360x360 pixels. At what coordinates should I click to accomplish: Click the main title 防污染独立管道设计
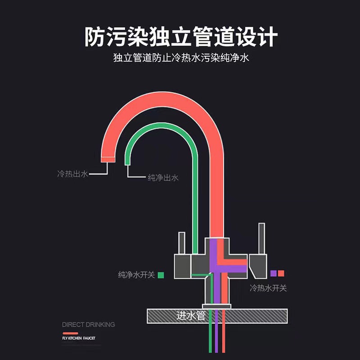click(x=180, y=37)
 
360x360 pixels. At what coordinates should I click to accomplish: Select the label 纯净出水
click(x=163, y=178)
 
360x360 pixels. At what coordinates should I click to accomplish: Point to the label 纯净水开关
click(x=136, y=275)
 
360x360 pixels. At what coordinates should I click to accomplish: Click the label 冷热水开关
click(x=268, y=288)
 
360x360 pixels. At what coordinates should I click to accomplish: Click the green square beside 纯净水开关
click(x=161, y=274)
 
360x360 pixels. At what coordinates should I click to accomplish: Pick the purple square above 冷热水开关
click(x=273, y=273)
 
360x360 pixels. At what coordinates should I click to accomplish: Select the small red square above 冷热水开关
click(x=281, y=273)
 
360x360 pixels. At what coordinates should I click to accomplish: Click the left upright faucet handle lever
click(x=182, y=243)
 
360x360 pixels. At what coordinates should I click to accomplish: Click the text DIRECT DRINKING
click(x=89, y=324)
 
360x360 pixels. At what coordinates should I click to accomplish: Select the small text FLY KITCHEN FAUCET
click(x=79, y=337)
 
